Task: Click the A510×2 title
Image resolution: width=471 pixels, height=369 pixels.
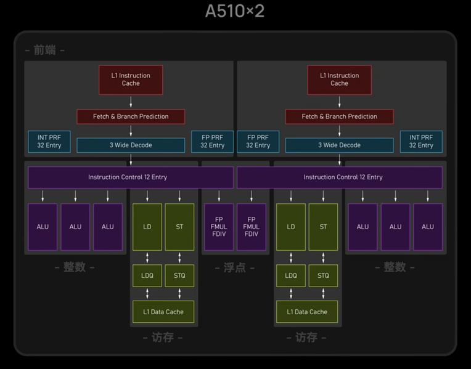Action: [x=235, y=11]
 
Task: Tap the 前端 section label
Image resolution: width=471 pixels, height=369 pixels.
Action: [x=45, y=50]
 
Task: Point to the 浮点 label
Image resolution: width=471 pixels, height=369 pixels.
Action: [x=235, y=267]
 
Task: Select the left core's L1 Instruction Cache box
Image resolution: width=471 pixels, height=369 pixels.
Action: [x=131, y=80]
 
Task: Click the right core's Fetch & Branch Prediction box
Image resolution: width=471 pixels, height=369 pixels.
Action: [x=340, y=116]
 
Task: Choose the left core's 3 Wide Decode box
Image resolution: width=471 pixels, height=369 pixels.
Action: [x=131, y=145]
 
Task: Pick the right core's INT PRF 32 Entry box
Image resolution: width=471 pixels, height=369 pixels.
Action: [x=421, y=142]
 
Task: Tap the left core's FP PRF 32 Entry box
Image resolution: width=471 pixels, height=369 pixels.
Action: [x=212, y=142]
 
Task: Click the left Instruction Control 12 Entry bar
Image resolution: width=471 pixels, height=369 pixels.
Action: [x=131, y=177]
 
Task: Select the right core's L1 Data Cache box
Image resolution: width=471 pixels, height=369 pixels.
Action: [x=307, y=312]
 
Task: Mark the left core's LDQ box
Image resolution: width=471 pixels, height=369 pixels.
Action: [x=147, y=275]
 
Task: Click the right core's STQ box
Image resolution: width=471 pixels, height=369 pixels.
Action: [x=323, y=275]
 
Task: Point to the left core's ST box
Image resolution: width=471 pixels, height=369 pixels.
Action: [x=179, y=227]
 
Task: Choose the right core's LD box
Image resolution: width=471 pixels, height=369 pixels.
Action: [x=291, y=227]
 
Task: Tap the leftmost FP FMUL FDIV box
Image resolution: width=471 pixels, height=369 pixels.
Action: [x=219, y=227]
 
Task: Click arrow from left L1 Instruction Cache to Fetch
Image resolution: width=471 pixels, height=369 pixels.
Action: [x=131, y=102]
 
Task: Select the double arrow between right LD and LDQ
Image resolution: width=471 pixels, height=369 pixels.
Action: [x=291, y=257]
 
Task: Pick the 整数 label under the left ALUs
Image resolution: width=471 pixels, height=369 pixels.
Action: [x=75, y=267]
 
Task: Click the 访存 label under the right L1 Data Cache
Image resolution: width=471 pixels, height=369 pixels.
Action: [x=306, y=338]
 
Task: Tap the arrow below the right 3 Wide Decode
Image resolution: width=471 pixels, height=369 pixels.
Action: [x=340, y=160]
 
